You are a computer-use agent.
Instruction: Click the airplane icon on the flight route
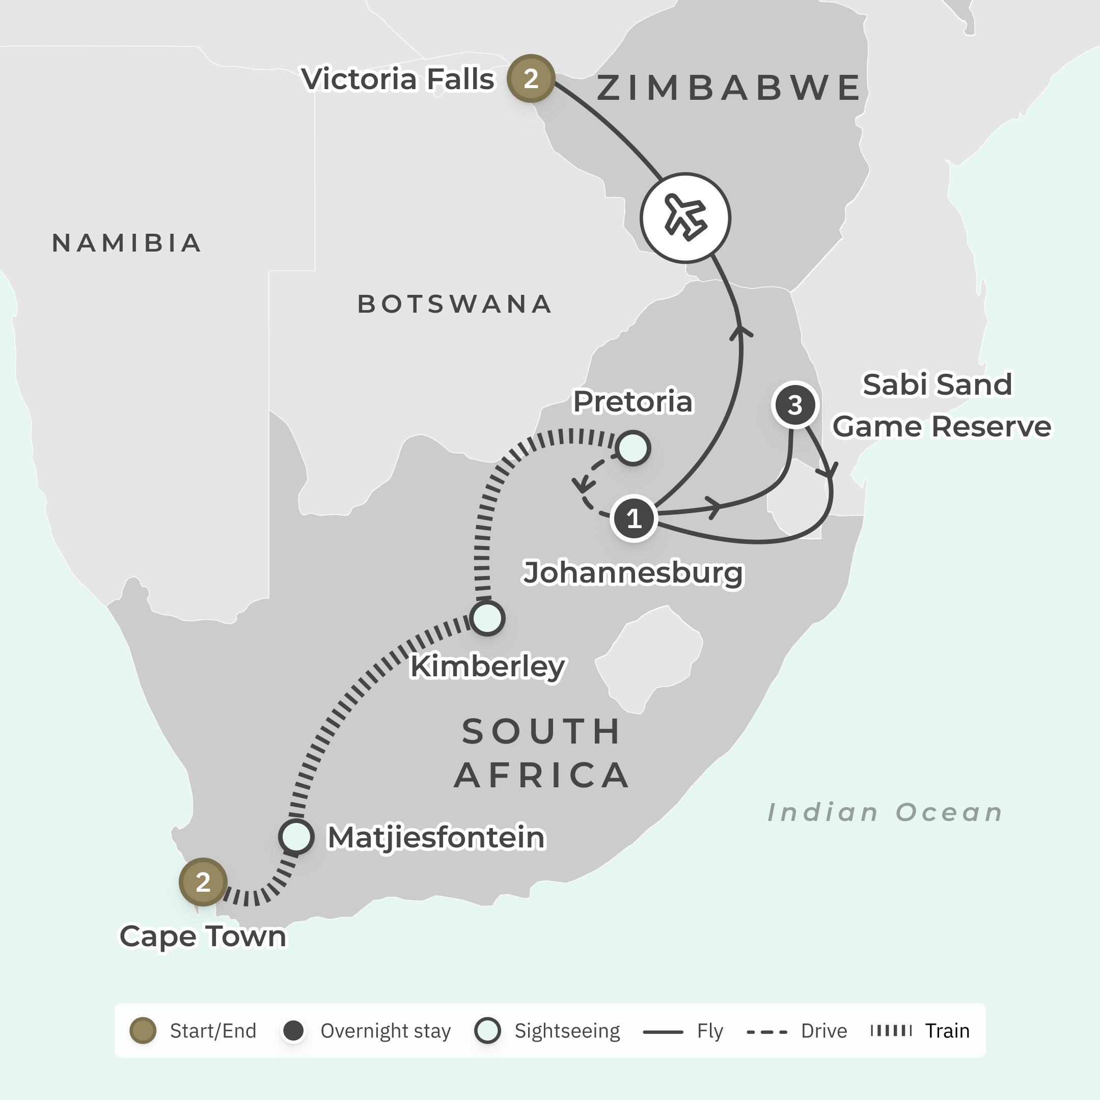(685, 218)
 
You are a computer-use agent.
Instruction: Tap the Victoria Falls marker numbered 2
(531, 78)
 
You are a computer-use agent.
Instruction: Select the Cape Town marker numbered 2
(203, 882)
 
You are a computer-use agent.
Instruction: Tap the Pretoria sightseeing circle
(633, 449)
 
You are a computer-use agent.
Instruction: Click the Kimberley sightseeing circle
(487, 618)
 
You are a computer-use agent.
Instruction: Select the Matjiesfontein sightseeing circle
(296, 837)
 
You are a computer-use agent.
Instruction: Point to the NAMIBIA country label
(127, 243)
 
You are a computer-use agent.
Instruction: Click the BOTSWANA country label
(454, 304)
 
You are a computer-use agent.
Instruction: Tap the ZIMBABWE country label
(729, 88)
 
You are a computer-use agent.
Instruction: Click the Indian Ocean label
(885, 812)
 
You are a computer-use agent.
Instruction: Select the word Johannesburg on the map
(633, 573)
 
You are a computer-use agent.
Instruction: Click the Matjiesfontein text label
(436, 838)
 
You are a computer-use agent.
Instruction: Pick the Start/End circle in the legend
(143, 1031)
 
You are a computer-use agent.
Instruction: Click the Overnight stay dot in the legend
(294, 1031)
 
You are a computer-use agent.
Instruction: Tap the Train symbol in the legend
(891, 1031)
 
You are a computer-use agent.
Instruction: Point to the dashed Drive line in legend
(766, 1032)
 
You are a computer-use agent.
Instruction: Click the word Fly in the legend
(709, 1031)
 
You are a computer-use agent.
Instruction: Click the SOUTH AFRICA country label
(541, 753)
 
